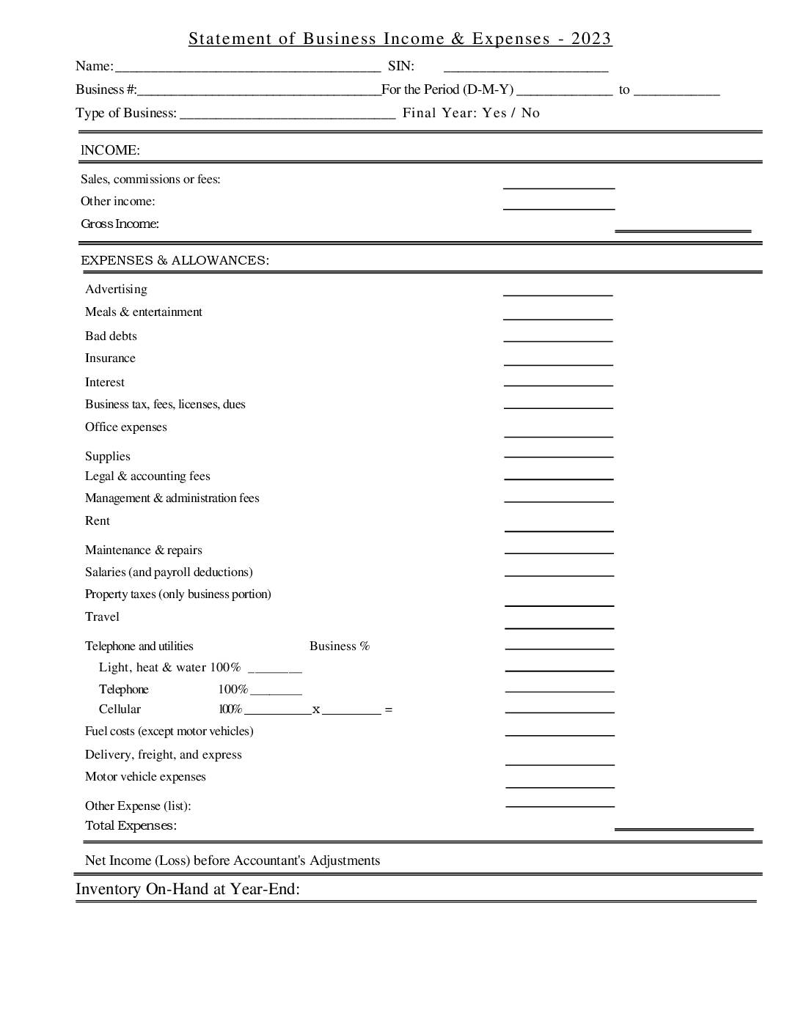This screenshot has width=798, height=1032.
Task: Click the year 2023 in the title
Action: click(x=591, y=39)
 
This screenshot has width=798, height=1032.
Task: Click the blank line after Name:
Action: click(x=247, y=70)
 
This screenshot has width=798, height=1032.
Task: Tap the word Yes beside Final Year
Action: click(x=494, y=113)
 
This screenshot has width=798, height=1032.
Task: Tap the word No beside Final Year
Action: click(x=530, y=113)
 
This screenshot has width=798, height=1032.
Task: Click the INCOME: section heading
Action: click(x=110, y=150)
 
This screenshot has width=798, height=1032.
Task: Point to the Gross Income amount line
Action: click(x=683, y=229)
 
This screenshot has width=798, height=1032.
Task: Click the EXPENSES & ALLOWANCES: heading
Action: click(x=175, y=260)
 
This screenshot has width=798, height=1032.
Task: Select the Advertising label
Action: click(x=116, y=290)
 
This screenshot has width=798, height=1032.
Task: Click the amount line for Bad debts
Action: click(x=558, y=340)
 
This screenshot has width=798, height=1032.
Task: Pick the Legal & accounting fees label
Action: click(x=147, y=476)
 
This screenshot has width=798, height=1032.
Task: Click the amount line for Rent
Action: click(x=559, y=529)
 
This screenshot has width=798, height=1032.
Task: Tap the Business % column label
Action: click(x=340, y=646)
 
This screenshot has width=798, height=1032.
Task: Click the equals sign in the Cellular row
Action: click(x=388, y=709)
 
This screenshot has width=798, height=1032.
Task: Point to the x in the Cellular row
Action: click(x=316, y=709)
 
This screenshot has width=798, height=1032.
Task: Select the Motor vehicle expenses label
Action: click(x=145, y=777)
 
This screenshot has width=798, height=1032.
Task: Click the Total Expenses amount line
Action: click(x=684, y=828)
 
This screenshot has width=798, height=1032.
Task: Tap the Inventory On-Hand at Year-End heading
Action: click(x=188, y=889)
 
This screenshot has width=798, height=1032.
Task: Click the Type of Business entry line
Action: click(x=288, y=117)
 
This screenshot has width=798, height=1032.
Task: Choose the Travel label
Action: click(x=102, y=617)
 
